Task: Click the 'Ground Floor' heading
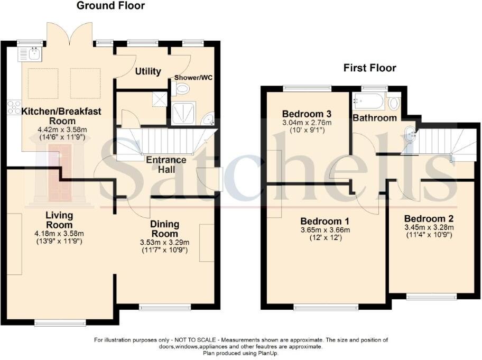click(x=110, y=6)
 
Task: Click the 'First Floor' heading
click(x=369, y=68)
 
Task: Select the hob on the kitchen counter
click(x=13, y=107)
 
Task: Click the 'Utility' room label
click(x=148, y=71)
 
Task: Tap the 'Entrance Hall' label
click(x=166, y=164)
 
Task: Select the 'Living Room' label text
click(x=59, y=220)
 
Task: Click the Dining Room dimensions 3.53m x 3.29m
click(x=164, y=243)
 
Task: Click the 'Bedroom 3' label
click(x=307, y=114)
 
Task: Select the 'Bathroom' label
click(x=375, y=118)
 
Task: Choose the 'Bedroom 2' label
click(x=429, y=218)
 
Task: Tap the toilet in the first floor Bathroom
click(x=394, y=101)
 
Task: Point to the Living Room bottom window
click(x=59, y=321)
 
